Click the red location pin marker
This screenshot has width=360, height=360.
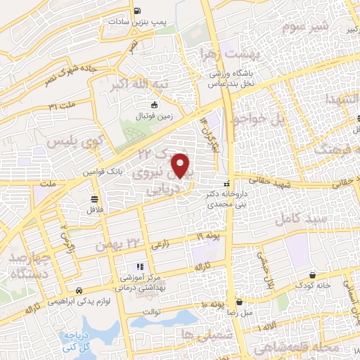pyautogui.click(x=182, y=165)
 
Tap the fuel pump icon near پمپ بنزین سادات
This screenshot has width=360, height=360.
pyautogui.click(x=136, y=11)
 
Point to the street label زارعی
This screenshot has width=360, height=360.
pyautogui.click(x=159, y=243)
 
